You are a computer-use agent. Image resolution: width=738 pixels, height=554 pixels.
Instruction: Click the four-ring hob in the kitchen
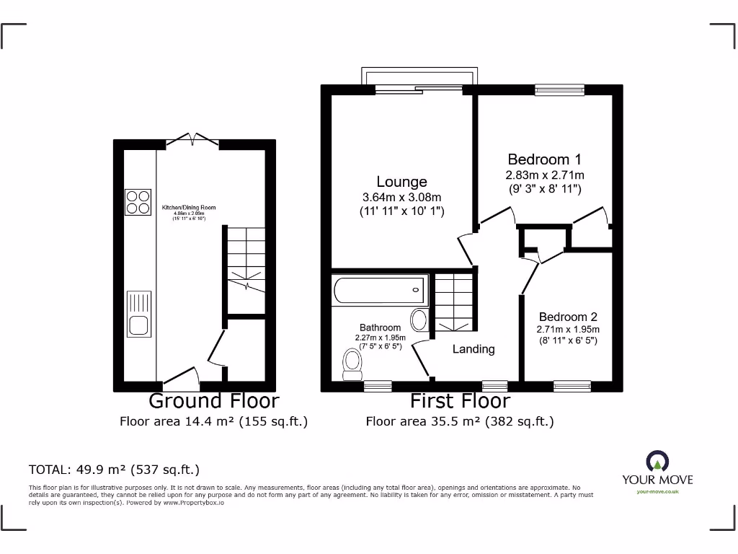point(138,202)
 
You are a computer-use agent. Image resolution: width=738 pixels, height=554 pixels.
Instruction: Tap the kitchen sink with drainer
point(138,315)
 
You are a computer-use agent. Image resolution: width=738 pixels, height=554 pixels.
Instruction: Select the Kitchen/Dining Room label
point(188,208)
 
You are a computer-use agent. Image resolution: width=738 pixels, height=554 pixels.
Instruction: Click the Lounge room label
point(402,182)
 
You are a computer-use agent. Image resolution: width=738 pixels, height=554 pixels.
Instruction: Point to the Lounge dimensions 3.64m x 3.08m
point(402,197)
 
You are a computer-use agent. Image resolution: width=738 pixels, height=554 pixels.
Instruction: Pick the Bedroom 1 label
point(545,159)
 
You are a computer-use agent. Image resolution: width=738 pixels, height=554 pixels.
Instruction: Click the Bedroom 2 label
point(568,317)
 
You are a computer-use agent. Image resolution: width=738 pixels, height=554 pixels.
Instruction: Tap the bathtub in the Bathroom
point(379,290)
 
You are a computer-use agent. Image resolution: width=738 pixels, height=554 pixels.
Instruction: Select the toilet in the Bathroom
point(352,363)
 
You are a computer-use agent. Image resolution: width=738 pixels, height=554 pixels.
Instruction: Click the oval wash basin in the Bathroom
point(419,320)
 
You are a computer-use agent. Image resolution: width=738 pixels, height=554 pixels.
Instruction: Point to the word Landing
point(474,349)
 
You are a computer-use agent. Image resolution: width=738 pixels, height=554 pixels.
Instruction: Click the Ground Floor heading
point(213,400)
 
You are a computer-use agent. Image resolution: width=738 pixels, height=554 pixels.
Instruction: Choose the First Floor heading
point(460,400)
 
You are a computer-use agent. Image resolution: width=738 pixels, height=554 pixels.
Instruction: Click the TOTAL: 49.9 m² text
point(114,470)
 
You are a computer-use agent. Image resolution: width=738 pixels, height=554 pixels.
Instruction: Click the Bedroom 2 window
point(572,386)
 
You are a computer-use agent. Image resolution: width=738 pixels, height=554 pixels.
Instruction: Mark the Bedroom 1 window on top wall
point(559,90)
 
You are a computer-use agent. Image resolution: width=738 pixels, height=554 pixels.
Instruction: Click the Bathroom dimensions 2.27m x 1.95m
point(381,337)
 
